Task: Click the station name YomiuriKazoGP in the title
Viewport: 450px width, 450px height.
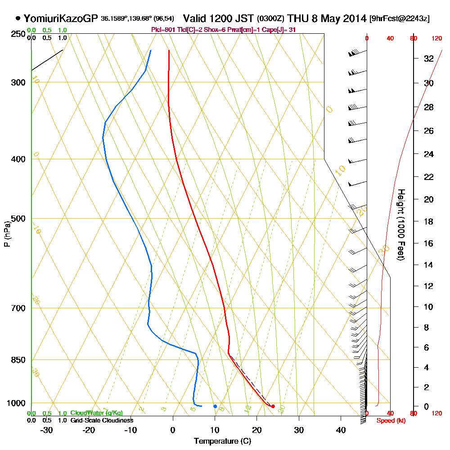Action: [60, 18]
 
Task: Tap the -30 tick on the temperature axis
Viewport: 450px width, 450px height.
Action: [47, 430]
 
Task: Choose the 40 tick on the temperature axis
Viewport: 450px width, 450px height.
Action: [341, 430]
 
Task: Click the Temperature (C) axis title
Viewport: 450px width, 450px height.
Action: [222, 441]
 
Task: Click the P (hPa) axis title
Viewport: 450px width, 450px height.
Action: [7, 234]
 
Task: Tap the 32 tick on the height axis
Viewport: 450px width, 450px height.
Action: [428, 58]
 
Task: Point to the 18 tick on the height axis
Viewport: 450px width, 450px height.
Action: [428, 221]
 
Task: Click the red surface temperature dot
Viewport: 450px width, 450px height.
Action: [273, 406]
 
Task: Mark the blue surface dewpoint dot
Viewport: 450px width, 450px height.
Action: [215, 406]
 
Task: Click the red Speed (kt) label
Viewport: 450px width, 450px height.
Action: [388, 420]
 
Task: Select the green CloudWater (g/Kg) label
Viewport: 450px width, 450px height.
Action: [96, 413]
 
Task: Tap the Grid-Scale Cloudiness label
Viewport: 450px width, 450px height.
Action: [101, 420]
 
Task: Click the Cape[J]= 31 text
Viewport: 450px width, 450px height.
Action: [282, 30]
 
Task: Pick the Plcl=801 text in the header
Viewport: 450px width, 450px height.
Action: [161, 30]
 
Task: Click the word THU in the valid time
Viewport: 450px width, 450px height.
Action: [297, 18]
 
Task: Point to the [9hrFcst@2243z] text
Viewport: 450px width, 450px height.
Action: [399, 19]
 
